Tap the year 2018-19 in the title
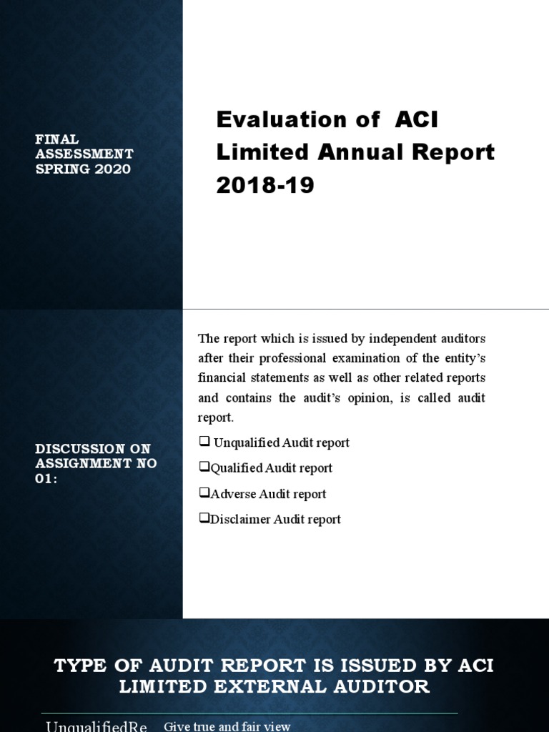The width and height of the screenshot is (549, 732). (265, 185)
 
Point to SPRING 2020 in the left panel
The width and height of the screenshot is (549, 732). (83, 169)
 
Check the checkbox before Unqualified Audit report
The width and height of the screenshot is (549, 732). (203, 442)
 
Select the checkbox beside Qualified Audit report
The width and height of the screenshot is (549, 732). (203, 468)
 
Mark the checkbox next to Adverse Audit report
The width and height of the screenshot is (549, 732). (203, 494)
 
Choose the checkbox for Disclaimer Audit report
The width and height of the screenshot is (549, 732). (203, 520)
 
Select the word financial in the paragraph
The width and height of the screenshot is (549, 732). (221, 377)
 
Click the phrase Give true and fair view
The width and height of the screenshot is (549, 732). (227, 726)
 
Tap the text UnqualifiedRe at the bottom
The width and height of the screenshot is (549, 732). (96, 726)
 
